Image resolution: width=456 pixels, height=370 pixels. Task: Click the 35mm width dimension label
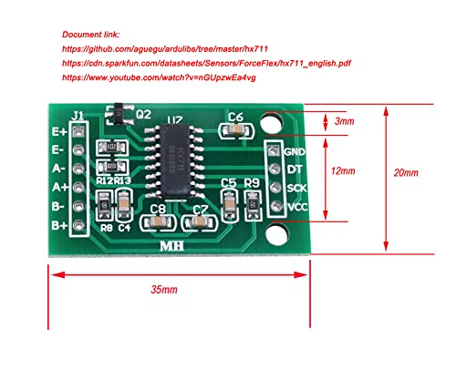click(x=166, y=289)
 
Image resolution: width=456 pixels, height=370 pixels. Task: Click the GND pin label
click(x=295, y=151)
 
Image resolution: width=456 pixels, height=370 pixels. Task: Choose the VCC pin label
click(x=295, y=207)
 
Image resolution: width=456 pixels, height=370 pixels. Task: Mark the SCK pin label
click(x=295, y=189)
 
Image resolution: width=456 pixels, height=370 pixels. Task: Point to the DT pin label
click(x=293, y=170)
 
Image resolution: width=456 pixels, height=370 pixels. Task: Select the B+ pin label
click(x=57, y=225)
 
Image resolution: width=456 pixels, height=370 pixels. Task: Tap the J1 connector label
click(x=78, y=116)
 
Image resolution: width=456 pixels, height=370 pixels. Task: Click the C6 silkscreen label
click(x=236, y=116)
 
